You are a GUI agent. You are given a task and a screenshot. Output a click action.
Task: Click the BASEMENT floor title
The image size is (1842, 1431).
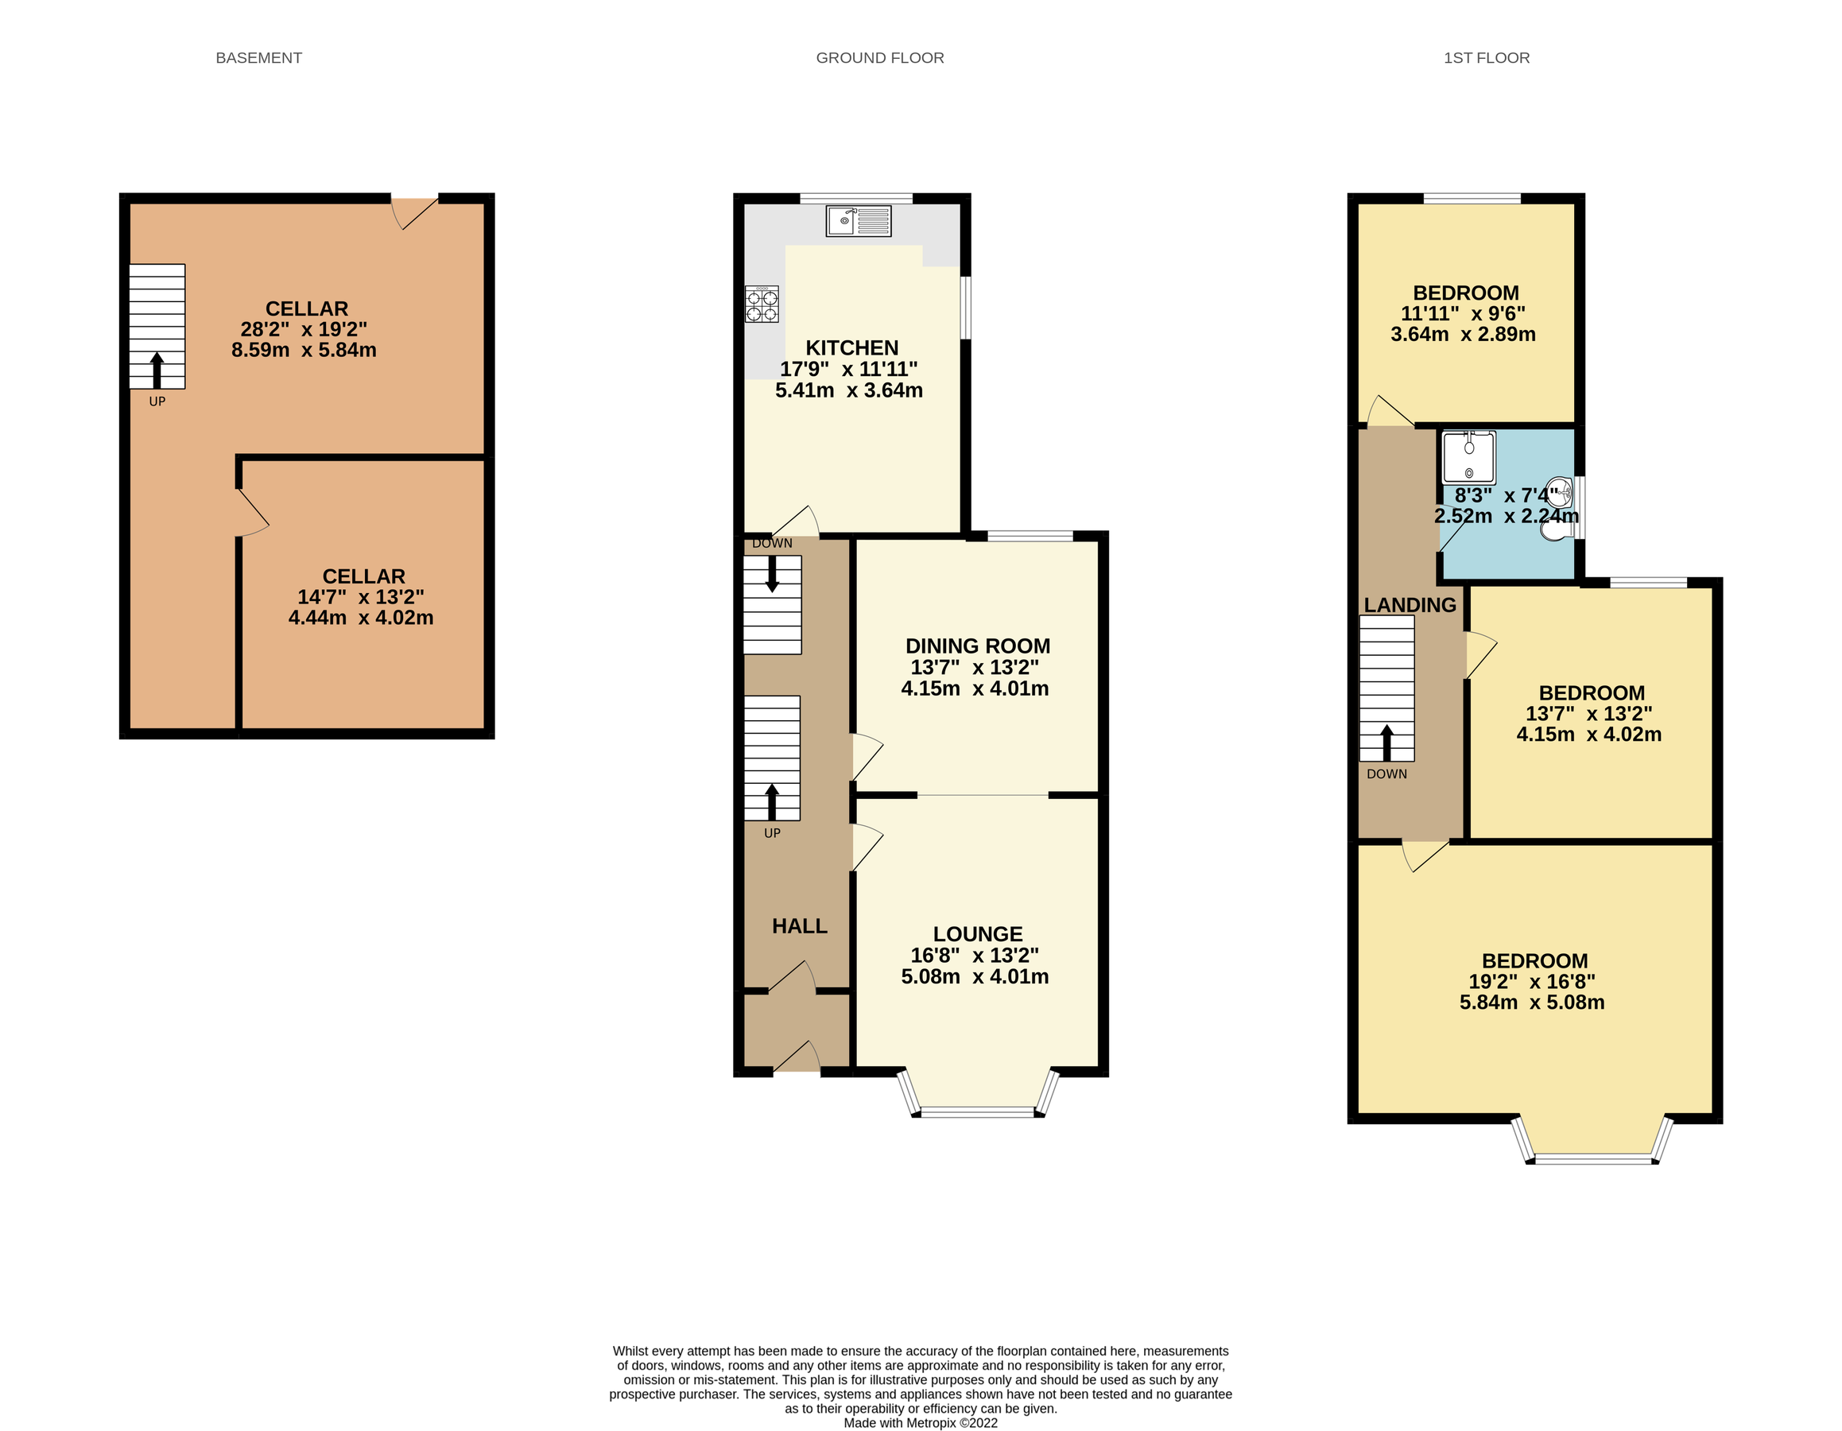point(258,58)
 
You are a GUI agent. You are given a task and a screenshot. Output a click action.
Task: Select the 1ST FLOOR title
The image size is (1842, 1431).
point(1485,58)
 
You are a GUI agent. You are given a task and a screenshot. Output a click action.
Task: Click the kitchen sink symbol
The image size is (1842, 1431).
point(858,221)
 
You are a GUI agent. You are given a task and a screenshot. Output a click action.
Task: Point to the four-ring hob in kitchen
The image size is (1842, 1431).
point(762,304)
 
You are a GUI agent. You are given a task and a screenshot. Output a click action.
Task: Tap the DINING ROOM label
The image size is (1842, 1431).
point(977,646)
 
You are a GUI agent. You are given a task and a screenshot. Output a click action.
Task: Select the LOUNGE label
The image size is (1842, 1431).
point(977,933)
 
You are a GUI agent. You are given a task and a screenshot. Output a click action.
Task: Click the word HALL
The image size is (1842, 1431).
point(799,926)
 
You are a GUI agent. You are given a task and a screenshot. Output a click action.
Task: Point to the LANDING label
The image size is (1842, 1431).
point(1410,605)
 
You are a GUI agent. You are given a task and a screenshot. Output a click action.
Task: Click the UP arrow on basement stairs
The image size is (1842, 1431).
point(157,371)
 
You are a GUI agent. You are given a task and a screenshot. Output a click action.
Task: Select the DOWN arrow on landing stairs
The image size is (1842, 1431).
point(1386,742)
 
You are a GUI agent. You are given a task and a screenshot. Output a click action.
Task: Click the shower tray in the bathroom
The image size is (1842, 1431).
point(1468,458)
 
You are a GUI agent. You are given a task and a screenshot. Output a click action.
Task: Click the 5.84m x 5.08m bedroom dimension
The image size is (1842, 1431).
point(1531,1002)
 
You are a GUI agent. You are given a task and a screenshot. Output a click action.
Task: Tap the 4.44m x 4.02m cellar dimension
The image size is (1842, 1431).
point(361,617)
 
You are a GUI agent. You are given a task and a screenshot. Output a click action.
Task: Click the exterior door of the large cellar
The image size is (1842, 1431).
point(413,211)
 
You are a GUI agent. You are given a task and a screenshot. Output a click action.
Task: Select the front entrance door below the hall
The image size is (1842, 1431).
point(797,1057)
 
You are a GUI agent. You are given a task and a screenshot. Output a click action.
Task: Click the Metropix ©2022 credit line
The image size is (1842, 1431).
point(919,1422)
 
